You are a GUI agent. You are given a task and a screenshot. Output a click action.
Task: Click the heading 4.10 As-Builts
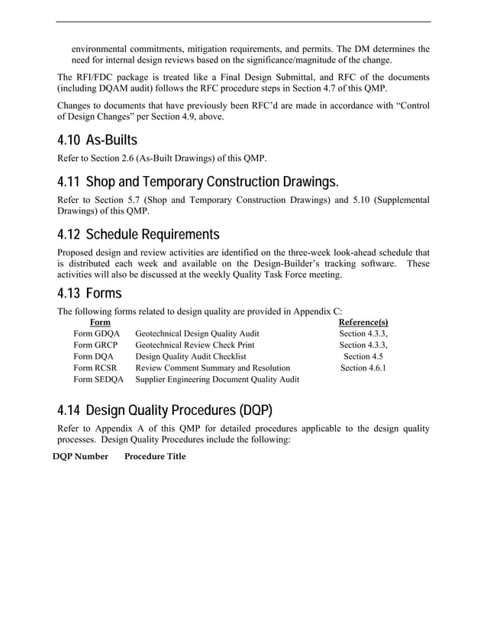(98, 141)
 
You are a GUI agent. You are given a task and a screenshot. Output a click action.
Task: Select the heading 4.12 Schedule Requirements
(138, 234)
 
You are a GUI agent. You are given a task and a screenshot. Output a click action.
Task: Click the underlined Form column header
(99, 323)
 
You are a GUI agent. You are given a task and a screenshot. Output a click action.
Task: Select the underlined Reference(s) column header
(363, 323)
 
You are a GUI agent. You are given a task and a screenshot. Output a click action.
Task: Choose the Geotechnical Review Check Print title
(195, 345)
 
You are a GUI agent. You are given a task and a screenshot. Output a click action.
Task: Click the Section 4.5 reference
(363, 356)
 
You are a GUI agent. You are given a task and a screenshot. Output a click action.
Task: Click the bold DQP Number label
(80, 457)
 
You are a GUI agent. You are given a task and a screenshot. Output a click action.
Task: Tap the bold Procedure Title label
(155, 457)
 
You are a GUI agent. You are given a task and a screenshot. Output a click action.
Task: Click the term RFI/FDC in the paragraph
(95, 77)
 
